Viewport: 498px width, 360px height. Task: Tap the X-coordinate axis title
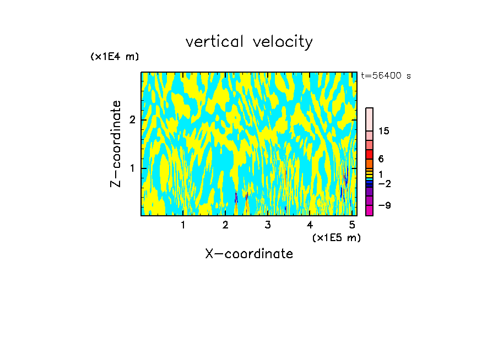point(249,254)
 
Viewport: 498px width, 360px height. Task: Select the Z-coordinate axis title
point(116,144)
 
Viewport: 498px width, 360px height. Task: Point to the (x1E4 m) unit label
point(115,57)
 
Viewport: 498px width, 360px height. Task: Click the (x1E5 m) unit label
point(337,237)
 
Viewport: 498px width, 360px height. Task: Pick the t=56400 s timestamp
point(386,76)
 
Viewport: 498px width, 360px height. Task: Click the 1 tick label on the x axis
point(183,225)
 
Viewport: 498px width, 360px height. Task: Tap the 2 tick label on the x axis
point(225,225)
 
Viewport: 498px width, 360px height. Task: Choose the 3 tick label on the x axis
point(268,225)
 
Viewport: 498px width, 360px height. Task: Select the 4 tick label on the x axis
point(310,225)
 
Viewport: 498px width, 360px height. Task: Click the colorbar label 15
point(384,131)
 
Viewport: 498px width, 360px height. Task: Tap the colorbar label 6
point(381,159)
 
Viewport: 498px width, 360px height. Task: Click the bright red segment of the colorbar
point(370,154)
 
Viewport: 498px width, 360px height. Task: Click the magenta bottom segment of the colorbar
point(370,210)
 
